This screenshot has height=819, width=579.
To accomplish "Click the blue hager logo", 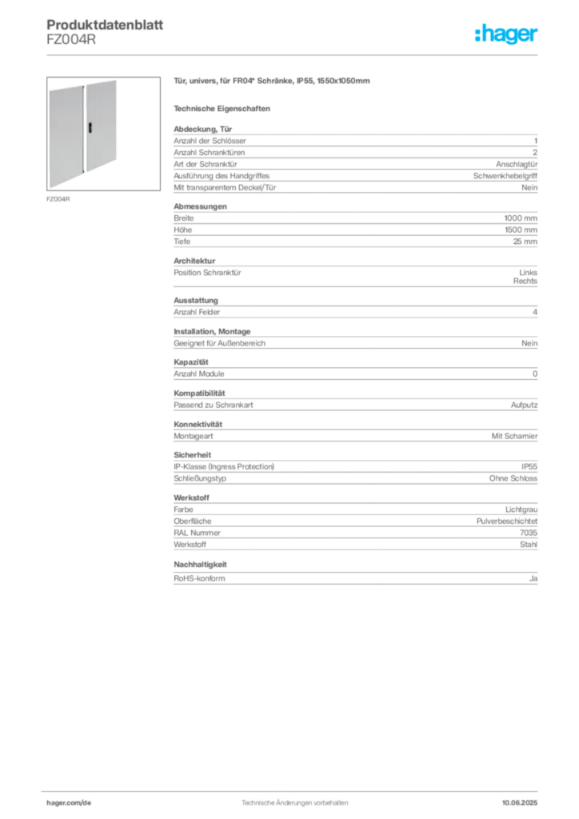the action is (507, 34).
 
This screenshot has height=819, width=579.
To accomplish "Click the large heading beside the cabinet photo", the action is (271, 82).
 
